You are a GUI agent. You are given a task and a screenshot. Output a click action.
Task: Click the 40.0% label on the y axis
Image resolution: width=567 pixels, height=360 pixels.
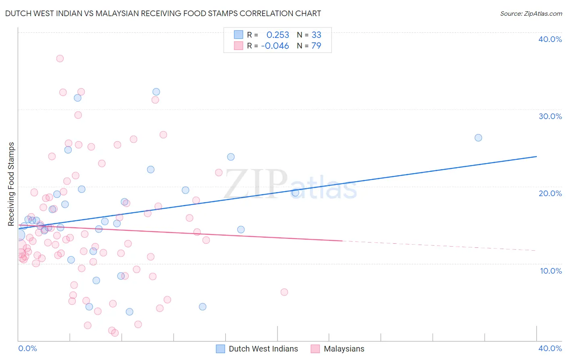550,39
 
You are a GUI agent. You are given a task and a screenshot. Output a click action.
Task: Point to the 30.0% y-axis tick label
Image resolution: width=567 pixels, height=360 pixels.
550,116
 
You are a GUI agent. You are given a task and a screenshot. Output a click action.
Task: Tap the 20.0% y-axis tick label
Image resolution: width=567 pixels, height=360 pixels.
550,193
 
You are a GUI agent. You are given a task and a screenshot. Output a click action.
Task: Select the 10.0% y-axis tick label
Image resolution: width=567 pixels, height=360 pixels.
550,271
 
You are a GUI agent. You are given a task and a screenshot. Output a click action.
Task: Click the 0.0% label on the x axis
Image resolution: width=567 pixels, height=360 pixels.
27,348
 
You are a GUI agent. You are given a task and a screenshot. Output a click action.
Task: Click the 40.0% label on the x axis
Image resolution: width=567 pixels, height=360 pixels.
550,348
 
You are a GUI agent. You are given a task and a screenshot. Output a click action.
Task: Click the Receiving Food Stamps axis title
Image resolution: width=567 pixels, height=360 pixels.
11,184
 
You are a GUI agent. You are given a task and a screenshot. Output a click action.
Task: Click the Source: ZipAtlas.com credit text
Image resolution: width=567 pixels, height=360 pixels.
531,14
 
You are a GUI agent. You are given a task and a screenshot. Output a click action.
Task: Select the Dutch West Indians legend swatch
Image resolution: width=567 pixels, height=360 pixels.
220,349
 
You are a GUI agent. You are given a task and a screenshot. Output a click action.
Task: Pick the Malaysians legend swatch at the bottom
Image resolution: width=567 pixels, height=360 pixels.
315,349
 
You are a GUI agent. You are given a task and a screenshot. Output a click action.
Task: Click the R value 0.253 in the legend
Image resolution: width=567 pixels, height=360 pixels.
277,35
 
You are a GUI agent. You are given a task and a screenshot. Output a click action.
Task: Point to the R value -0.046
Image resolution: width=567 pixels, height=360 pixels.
275,46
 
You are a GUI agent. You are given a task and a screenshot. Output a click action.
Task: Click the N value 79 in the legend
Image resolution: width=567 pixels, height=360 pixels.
316,46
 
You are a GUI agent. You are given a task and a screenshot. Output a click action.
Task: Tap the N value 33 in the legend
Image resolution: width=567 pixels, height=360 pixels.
316,35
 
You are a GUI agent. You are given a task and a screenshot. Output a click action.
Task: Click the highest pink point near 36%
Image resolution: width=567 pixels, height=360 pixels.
60,59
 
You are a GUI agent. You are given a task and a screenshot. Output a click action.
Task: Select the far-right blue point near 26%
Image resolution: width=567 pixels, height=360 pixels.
478,138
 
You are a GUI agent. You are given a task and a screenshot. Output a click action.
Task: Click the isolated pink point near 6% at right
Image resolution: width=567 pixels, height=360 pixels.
284,292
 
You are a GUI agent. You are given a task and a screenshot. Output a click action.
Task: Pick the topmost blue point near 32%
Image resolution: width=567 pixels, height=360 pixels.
156,92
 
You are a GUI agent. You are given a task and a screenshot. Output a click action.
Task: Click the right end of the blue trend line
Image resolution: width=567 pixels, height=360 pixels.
536,156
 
